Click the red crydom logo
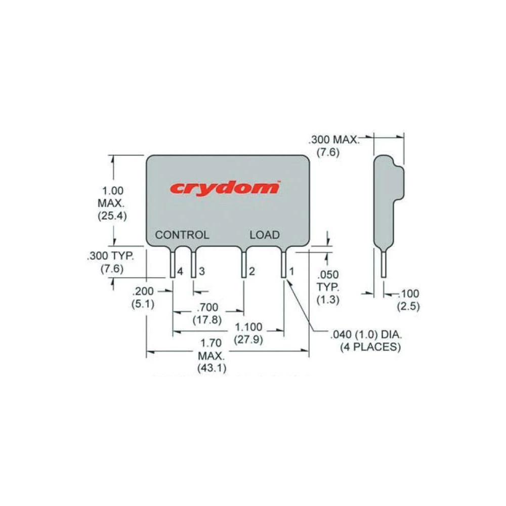(x=225, y=188)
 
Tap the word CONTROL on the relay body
(x=182, y=235)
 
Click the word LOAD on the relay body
(x=264, y=235)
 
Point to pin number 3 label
(x=201, y=272)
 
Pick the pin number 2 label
(x=251, y=272)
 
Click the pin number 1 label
(x=291, y=272)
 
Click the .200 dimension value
(x=143, y=292)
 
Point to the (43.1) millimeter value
(x=212, y=368)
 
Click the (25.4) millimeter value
(x=113, y=216)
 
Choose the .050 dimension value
(x=327, y=275)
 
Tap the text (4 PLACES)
(x=370, y=347)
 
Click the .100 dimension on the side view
(x=409, y=293)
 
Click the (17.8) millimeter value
(x=207, y=319)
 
